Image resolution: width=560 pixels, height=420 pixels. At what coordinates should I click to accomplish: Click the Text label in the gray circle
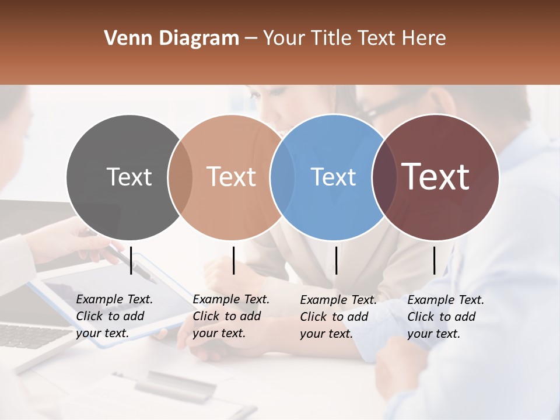[x=129, y=177]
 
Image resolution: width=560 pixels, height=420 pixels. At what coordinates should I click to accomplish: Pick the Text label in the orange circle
[x=231, y=177]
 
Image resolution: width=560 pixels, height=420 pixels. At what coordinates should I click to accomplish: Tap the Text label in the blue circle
[x=333, y=177]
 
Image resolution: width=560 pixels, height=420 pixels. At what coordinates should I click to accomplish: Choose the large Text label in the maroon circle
[x=436, y=177]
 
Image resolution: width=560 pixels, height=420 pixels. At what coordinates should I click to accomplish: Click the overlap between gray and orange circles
[x=180, y=177]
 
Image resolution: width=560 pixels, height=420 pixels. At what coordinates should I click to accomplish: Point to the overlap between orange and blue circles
[x=282, y=177]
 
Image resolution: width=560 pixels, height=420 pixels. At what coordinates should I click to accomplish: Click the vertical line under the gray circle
[x=131, y=260]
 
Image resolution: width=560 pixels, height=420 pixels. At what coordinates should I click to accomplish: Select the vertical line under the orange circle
[x=233, y=260]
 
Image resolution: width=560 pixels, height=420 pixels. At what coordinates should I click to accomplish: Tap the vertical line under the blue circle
[x=336, y=260]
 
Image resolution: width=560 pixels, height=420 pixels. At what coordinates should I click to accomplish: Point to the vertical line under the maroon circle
[x=434, y=260]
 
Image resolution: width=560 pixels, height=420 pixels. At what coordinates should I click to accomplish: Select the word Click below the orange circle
[x=207, y=316]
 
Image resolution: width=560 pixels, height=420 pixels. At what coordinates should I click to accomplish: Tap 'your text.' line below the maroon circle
[x=433, y=334]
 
